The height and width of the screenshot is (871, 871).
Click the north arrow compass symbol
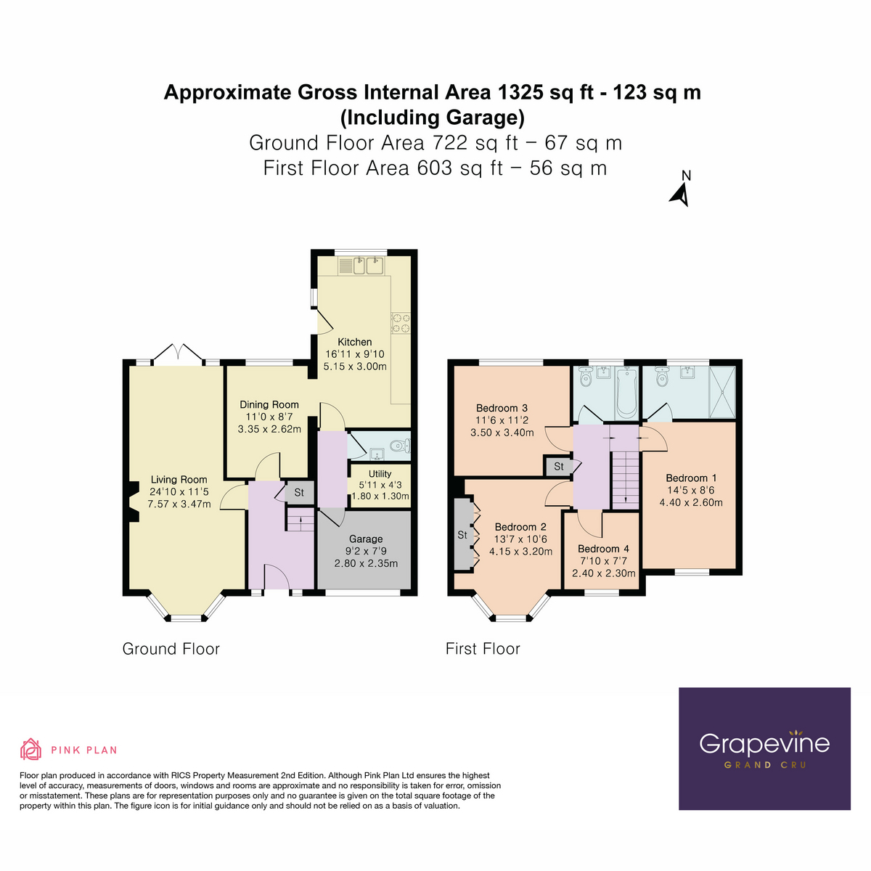[x=680, y=193]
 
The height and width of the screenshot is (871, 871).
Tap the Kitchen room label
[x=354, y=342]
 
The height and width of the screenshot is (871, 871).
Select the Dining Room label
[x=269, y=404]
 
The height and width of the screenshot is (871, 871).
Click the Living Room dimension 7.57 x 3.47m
[x=179, y=504]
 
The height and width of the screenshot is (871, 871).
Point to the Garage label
[x=366, y=539]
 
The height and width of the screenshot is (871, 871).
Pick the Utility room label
[x=380, y=474]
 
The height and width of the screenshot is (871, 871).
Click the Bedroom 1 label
[x=691, y=478]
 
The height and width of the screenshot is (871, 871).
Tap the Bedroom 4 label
[x=603, y=549]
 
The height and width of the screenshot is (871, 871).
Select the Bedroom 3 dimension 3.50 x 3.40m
[x=502, y=433]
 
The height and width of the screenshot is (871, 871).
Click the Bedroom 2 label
[x=520, y=527]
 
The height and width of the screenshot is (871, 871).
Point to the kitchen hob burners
[x=401, y=322]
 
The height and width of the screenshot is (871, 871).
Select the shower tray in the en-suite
[x=721, y=392]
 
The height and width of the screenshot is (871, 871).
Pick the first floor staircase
[x=623, y=479]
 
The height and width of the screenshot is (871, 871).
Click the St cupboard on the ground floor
[x=299, y=493]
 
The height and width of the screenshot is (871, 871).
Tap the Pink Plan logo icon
[x=31, y=749]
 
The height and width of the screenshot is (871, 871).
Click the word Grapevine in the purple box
[x=764, y=743]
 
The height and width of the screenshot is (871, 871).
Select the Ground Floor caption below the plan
[x=171, y=649]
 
